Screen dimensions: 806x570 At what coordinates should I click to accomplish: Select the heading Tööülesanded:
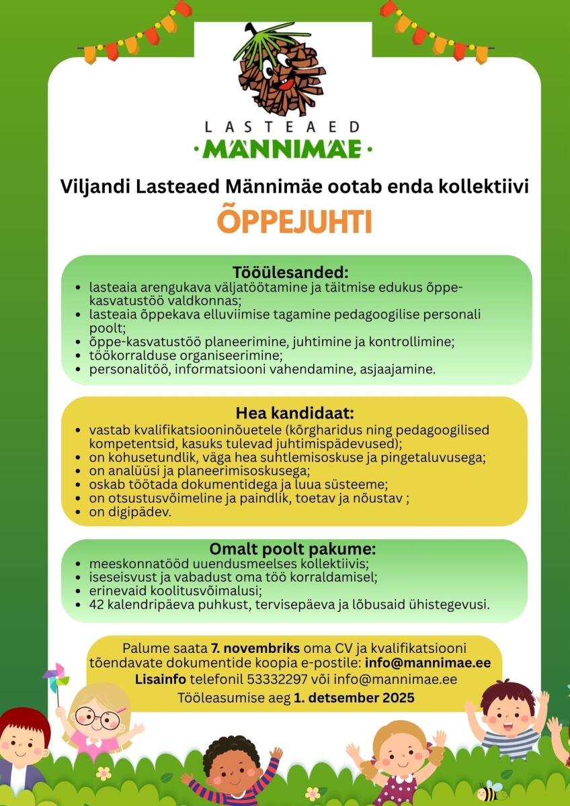pyautogui.click(x=291, y=273)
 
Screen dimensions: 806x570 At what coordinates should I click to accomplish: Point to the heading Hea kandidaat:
pyautogui.click(x=294, y=412)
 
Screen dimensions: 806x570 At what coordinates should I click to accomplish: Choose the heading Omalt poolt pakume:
pyautogui.click(x=292, y=549)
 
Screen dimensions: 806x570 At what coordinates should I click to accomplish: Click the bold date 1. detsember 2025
pyautogui.click(x=354, y=698)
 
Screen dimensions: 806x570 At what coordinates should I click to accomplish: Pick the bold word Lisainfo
pyautogui.click(x=161, y=679)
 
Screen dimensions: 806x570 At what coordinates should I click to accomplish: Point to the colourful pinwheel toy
pyautogui.click(x=56, y=677)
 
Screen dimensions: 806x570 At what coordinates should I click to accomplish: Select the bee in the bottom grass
pyautogui.click(x=489, y=791)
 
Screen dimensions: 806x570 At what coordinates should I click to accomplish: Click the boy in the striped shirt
pyautogui.click(x=510, y=719)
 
